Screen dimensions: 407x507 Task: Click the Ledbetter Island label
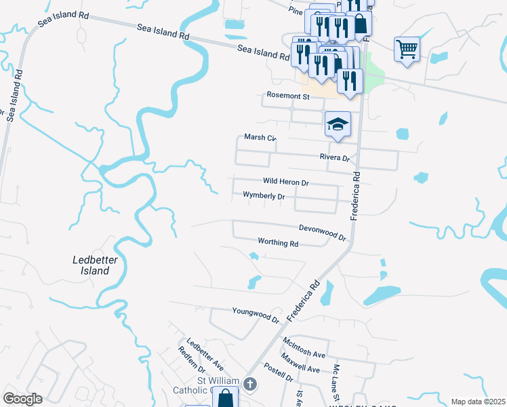coord(91,265)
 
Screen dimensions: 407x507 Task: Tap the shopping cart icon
coord(407,48)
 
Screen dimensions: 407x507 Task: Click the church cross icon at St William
coord(249,385)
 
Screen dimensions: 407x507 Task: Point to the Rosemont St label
coord(287,96)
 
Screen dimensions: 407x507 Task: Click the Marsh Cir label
coord(262,138)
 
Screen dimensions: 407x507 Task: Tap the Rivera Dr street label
coord(334,157)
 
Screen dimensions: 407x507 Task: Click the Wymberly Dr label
coord(264,196)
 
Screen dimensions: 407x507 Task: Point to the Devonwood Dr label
coord(323,233)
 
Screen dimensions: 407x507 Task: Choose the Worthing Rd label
coord(278,241)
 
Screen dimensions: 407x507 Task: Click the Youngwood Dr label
coord(256,315)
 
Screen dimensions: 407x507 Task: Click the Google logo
coord(22,398)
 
